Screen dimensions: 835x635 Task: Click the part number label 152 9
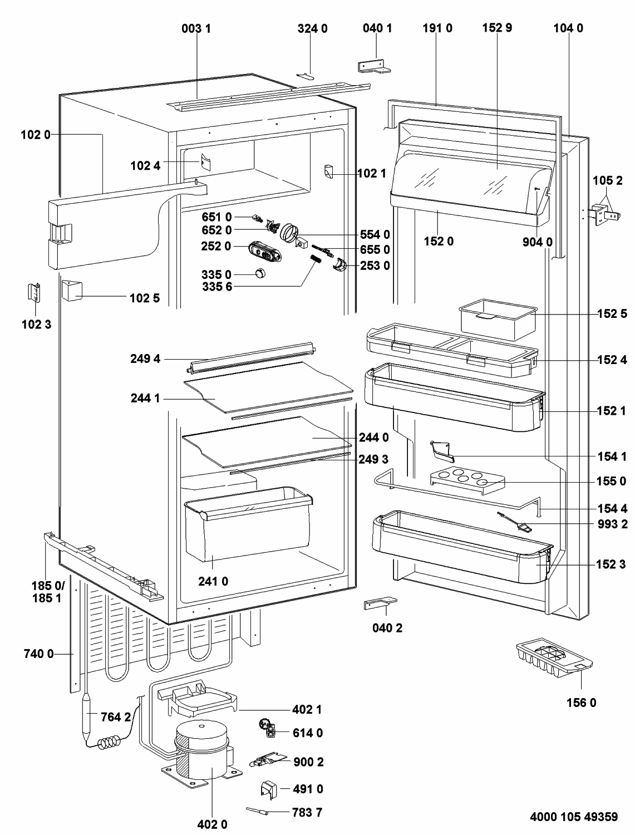[x=497, y=28]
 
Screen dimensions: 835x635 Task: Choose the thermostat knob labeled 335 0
[x=260, y=273]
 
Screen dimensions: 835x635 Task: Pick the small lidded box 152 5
[x=496, y=321]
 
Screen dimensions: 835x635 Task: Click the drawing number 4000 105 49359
[x=573, y=817]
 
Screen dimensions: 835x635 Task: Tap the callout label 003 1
[x=196, y=28]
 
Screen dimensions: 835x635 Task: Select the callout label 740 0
[x=39, y=654]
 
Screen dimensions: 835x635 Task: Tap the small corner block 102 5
[x=72, y=290]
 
